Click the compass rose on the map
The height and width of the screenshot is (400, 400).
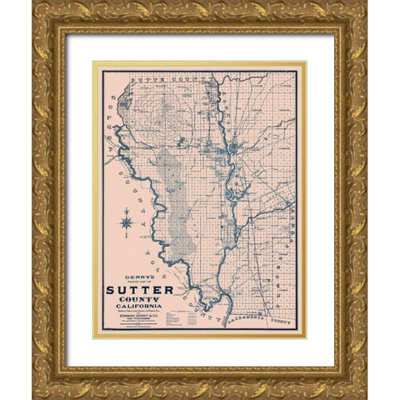[127, 221]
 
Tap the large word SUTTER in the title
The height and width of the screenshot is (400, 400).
[140, 290]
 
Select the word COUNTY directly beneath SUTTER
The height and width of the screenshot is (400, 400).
[140, 300]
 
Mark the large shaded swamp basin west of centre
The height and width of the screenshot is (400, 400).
[173, 200]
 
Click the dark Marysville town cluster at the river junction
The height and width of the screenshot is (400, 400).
[237, 149]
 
